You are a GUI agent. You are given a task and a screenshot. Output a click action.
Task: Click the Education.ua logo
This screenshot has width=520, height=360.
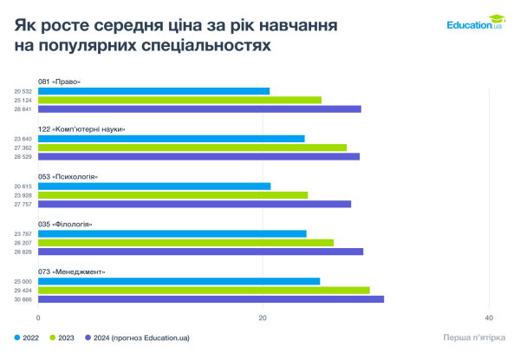474,25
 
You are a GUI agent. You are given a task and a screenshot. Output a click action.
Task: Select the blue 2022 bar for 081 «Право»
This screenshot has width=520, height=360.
154,91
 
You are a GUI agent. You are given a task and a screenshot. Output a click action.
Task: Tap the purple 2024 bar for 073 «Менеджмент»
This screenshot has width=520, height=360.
211,299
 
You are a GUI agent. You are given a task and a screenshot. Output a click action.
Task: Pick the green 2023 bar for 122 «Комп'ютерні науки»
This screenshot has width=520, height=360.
192,147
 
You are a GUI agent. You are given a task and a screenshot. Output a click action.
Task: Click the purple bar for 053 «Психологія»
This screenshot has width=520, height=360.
195,204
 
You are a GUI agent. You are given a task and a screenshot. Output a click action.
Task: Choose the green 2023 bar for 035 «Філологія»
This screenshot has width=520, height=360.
186,243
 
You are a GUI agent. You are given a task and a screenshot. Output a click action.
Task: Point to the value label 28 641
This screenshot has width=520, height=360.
23,109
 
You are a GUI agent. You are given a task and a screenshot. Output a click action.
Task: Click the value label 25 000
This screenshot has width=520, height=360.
23,281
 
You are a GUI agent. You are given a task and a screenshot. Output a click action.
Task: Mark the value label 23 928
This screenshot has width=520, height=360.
23,195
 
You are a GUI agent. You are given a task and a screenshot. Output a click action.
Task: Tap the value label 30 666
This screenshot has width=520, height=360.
23,299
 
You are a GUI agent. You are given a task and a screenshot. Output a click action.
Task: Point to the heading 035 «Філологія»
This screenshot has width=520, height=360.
66,224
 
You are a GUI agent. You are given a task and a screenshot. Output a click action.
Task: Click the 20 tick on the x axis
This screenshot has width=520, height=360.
263,317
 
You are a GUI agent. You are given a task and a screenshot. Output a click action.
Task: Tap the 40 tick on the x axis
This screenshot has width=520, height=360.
489,317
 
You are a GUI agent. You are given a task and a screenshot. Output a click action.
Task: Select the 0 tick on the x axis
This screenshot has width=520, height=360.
38,317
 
